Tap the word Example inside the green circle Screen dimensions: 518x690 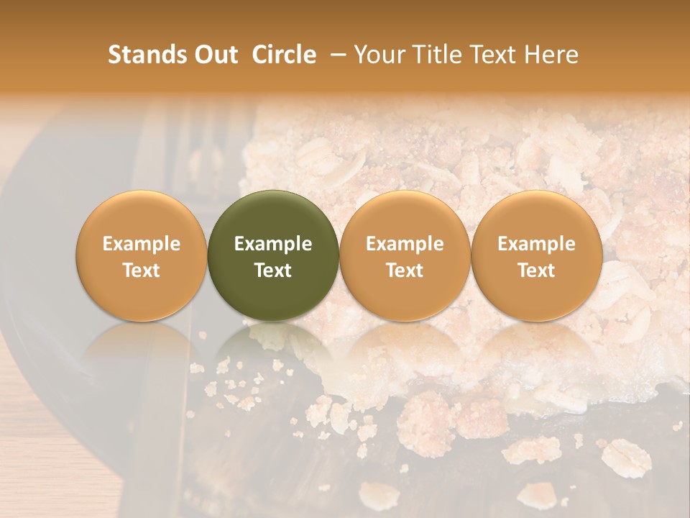click(x=273, y=244)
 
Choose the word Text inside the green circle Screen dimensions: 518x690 click(x=273, y=271)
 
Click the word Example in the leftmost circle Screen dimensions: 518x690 click(x=141, y=244)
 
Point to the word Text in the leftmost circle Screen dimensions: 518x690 click(x=141, y=271)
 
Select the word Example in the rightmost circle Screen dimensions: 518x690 click(x=536, y=244)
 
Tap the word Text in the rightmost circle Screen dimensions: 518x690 click(x=536, y=271)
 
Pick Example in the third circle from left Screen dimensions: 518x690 click(x=405, y=244)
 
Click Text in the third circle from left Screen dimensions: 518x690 click(x=405, y=271)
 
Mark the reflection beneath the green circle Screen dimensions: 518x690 click(x=272, y=345)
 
